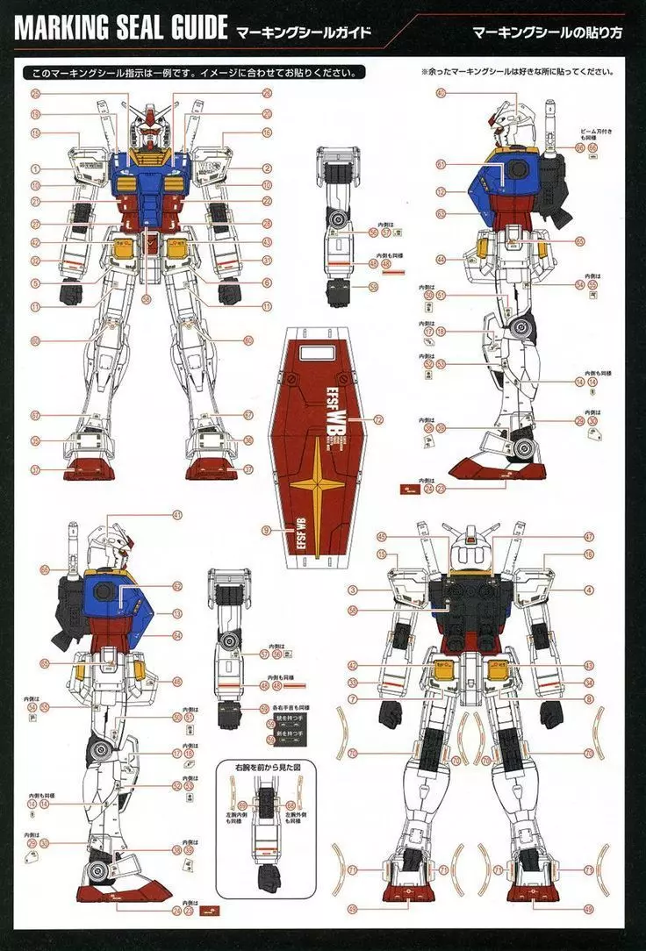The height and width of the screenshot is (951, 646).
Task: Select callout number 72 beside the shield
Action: (378, 420)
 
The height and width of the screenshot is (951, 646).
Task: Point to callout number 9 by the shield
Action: (265, 530)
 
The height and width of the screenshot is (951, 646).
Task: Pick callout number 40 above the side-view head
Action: (440, 92)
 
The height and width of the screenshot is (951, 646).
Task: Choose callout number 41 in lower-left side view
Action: (177, 514)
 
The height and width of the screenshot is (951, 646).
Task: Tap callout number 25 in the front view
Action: (36, 92)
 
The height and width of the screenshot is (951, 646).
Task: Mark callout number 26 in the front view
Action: (267, 92)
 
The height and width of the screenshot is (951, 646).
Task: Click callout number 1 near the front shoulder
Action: (36, 168)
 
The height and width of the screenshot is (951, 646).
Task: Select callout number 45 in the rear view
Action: (382, 536)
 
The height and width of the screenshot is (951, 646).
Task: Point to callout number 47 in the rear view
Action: (589, 536)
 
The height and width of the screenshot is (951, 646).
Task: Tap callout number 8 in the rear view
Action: (589, 698)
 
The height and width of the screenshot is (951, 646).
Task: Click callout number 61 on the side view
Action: (440, 164)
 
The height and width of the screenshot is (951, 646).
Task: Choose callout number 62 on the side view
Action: (177, 586)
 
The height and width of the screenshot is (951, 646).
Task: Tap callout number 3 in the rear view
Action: (352, 590)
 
